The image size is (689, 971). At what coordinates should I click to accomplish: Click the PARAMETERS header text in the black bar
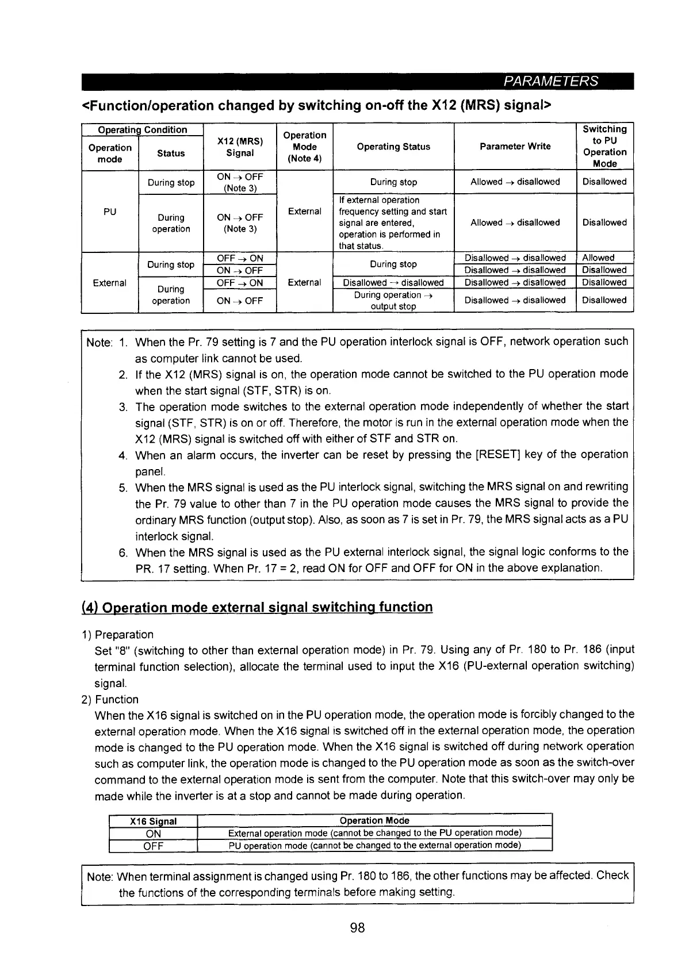550,81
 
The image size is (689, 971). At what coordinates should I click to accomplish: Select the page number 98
357,927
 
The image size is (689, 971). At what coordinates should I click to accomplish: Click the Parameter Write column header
515,147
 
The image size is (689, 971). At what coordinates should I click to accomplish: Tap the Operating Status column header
393,147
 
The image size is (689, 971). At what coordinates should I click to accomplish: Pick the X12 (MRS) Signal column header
240,147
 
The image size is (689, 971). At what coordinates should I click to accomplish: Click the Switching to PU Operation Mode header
604,147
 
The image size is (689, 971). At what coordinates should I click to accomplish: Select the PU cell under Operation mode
110,212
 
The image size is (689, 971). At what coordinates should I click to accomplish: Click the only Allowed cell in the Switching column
598,258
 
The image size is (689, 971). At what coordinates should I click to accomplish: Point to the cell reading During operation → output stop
393,301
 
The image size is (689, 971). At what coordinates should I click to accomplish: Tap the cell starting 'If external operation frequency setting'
393,223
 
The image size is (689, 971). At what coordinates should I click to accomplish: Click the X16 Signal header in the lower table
153,821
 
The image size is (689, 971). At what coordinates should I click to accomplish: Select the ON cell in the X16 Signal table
154,834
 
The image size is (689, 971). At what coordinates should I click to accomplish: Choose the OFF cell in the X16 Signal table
154,846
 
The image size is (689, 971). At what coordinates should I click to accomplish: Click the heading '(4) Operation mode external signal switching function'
257,607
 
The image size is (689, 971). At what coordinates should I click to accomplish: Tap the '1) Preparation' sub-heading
117,635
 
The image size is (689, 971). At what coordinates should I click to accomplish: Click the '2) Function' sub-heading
110,700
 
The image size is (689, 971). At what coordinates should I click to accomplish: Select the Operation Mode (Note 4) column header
305,147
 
